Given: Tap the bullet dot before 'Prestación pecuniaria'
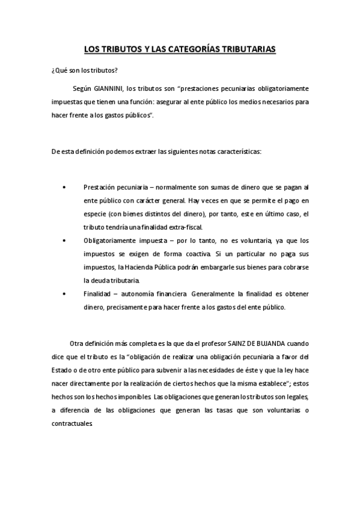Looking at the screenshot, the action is (x=64, y=188).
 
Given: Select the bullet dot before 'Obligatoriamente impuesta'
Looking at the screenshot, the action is (x=64, y=240).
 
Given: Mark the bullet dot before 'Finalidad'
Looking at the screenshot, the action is (x=64, y=293).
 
